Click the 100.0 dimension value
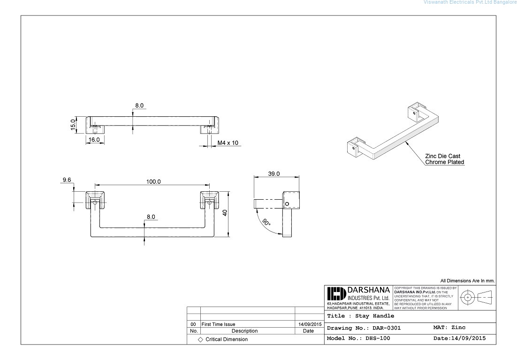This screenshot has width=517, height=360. click(x=153, y=181)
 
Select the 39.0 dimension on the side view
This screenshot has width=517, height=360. click(x=274, y=173)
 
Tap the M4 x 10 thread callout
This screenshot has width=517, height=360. click(x=228, y=142)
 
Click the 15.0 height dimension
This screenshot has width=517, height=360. click(x=73, y=125)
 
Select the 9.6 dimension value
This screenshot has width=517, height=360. click(x=66, y=180)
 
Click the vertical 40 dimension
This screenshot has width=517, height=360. click(x=225, y=212)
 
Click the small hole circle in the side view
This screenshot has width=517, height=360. click(x=287, y=204)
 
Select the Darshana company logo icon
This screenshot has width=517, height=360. click(x=336, y=294)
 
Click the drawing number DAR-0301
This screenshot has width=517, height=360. click(x=364, y=328)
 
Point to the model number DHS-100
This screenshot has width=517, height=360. click(x=358, y=338)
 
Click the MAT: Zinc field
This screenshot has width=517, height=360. click(x=449, y=327)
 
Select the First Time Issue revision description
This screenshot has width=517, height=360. click(x=218, y=324)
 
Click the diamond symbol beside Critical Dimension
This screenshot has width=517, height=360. click(x=200, y=339)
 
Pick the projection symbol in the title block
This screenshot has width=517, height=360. click(x=476, y=297)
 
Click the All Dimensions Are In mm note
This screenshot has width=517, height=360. click(x=467, y=281)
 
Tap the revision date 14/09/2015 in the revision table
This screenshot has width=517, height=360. click(x=310, y=324)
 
